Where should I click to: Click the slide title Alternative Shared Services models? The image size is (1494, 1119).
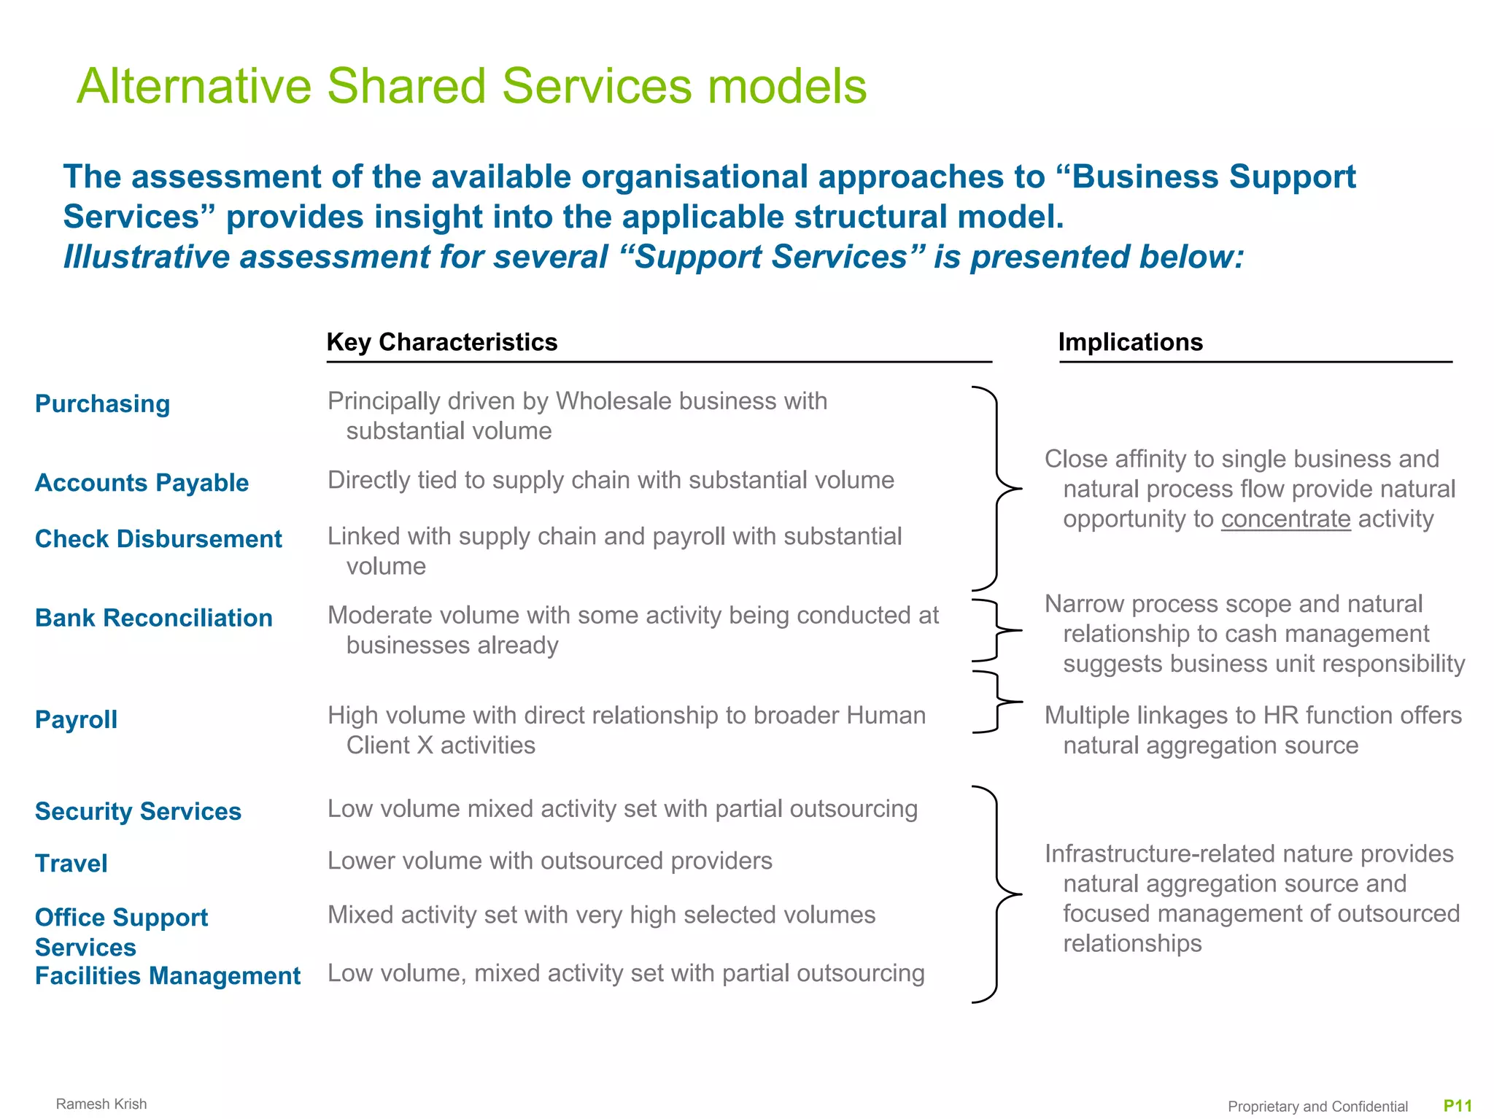471,86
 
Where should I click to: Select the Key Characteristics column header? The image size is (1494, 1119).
441,342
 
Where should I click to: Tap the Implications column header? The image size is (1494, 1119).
1130,342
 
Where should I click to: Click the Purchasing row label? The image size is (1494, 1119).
102,403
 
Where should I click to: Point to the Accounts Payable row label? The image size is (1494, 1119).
142,483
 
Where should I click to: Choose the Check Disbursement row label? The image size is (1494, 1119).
158,539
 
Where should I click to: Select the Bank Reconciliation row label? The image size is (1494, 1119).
153,618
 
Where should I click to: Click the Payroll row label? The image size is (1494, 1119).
76,719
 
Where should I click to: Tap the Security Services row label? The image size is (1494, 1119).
138,811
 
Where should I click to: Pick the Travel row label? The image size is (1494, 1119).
71,864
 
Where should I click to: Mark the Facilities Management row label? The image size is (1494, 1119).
167,976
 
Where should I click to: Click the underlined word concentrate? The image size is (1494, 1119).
1285,519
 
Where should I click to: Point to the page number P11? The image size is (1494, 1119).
1458,1106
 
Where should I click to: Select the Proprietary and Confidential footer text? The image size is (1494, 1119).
1317,1107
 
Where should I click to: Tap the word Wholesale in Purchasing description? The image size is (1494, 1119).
612,401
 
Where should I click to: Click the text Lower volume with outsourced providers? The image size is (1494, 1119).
549,861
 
